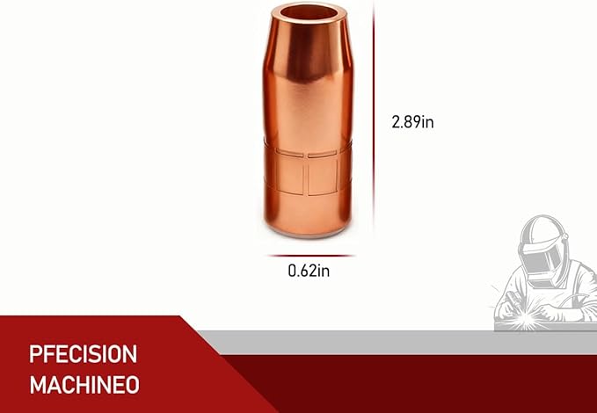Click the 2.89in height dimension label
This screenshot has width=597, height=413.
(411, 122)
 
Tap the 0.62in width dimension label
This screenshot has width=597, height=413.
(309, 271)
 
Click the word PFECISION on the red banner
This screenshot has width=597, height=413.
(83, 354)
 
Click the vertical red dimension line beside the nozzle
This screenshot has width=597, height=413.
(374, 123)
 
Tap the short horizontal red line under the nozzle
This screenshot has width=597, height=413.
(308, 256)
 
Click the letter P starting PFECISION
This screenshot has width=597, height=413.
(36, 354)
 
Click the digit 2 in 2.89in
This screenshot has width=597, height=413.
(396, 122)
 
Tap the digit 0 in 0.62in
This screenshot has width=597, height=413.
(293, 271)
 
